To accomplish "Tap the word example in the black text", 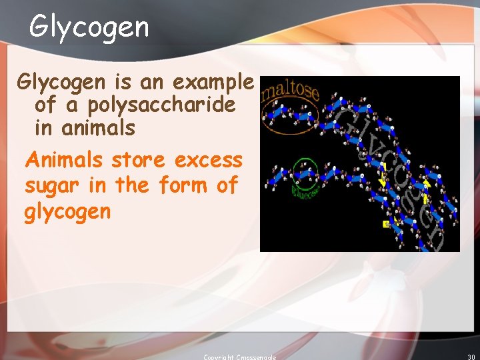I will [213, 82].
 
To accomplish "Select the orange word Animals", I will [64, 161].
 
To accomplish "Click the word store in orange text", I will [139, 161].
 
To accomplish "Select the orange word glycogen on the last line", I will [67, 213].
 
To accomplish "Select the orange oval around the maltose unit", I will [290, 117].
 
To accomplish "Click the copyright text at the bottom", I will [239, 357].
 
